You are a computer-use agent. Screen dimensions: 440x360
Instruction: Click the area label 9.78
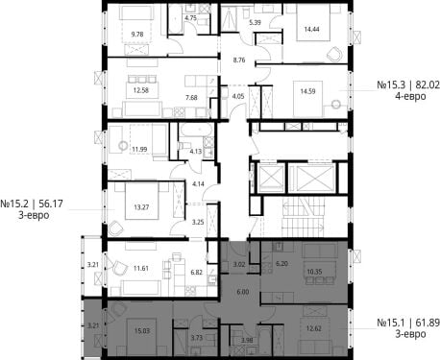[137, 35]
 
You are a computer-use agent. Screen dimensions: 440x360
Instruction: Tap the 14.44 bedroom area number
[312, 29]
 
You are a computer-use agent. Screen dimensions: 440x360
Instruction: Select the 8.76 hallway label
[239, 60]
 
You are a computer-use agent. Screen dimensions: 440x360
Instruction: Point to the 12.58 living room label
[141, 90]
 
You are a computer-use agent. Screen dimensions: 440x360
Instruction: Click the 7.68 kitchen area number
[191, 98]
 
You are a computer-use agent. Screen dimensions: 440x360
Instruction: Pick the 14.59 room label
[307, 91]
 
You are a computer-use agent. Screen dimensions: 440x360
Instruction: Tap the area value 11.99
[139, 149]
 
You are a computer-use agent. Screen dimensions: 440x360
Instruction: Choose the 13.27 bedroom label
[141, 207]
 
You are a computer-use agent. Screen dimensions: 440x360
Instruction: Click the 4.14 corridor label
[198, 184]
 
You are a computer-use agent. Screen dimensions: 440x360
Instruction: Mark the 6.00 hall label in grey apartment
[243, 292]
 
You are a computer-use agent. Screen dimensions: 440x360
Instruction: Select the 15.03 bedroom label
[142, 330]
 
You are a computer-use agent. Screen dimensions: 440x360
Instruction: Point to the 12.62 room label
[314, 328]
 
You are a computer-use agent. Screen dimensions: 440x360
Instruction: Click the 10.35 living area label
[314, 272]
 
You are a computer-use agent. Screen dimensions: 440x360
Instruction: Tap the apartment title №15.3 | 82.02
[408, 85]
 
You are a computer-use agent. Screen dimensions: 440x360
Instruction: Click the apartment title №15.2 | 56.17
[32, 204]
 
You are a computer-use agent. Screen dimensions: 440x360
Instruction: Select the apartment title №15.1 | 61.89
[408, 323]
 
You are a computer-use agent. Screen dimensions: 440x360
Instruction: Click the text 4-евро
[410, 96]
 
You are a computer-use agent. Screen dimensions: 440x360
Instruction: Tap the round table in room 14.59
[336, 104]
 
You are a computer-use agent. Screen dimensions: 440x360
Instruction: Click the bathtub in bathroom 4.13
[195, 131]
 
